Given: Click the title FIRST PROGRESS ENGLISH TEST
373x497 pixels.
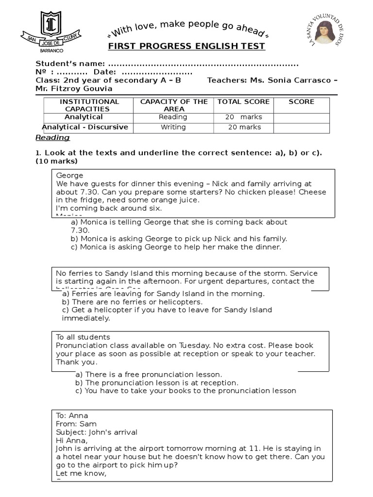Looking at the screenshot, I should [186, 46].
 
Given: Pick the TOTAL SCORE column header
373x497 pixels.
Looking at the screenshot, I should [243, 102].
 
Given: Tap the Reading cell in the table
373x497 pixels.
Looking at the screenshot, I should [173, 117].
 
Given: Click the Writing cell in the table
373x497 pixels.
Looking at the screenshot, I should [173, 127].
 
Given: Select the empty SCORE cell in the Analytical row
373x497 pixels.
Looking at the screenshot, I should [301, 117].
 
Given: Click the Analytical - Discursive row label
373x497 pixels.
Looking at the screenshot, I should [85, 127].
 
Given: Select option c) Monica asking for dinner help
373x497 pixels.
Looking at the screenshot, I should [176, 247].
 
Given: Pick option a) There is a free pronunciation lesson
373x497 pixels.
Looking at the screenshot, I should [149, 374].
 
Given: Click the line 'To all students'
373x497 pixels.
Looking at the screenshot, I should [83, 337].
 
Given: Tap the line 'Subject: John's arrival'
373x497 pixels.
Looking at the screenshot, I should [97, 432].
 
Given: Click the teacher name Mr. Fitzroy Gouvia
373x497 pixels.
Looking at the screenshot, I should [74, 88].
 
